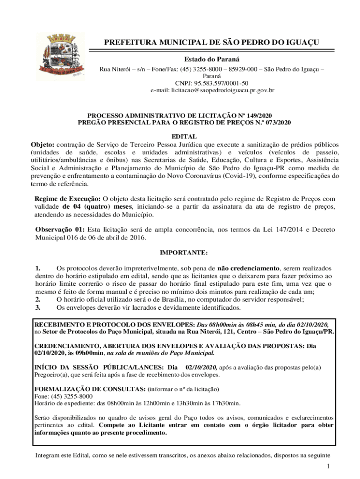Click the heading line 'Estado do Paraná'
click(211, 59)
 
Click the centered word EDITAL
click(184, 137)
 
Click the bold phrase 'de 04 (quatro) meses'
click(97, 207)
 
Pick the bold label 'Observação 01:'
click(60, 230)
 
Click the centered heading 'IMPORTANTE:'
click(184, 253)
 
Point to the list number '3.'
click(38, 308)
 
